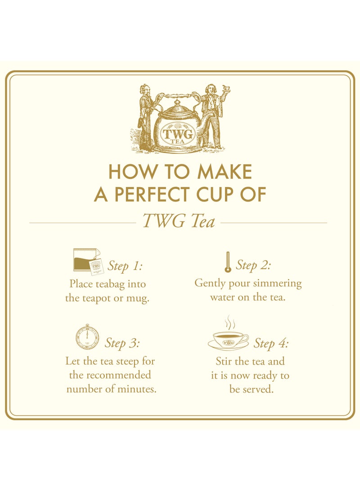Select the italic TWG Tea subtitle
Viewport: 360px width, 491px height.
point(179,221)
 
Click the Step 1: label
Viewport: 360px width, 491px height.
point(125,266)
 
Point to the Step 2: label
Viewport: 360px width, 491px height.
point(253,265)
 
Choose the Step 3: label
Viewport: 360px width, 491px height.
point(122,343)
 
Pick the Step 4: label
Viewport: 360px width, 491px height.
point(271,343)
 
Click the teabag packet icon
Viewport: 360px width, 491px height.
point(87,261)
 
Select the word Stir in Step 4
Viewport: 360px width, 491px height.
point(225,361)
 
